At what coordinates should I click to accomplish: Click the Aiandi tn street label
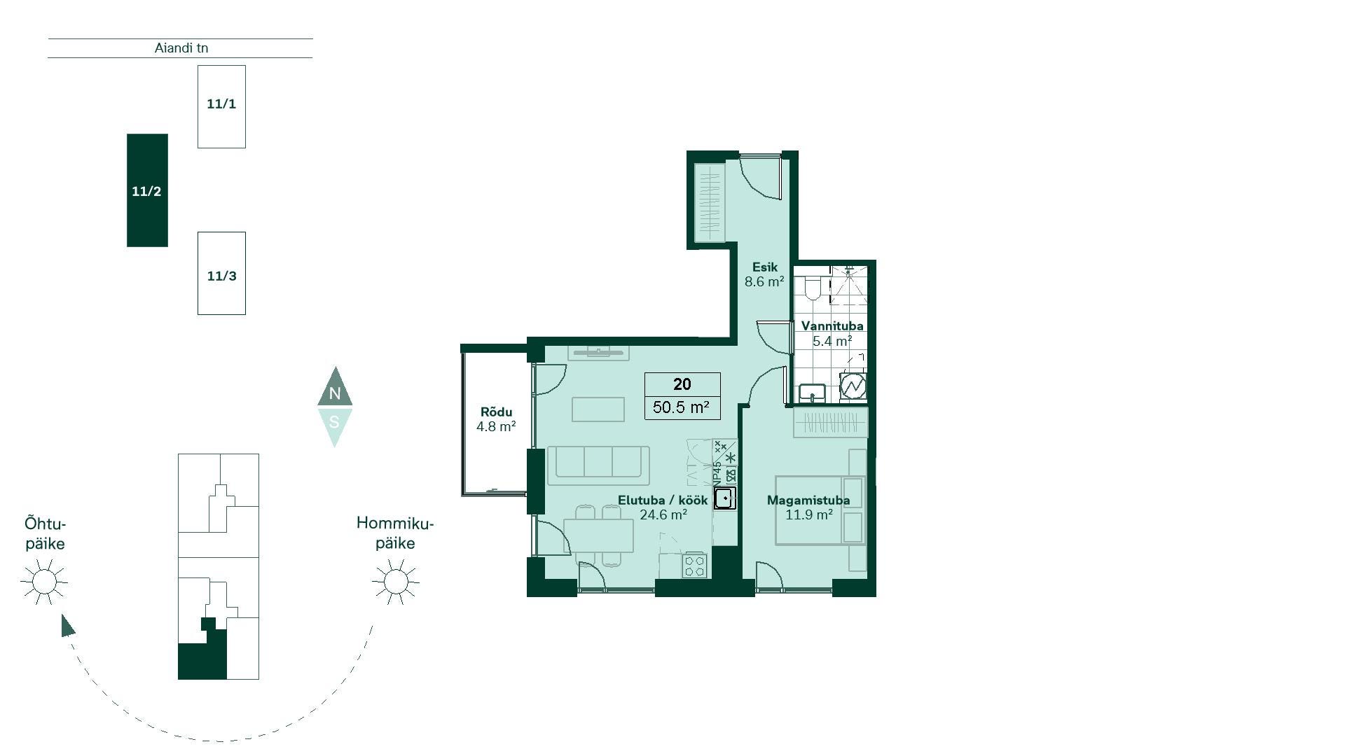[x=181, y=48]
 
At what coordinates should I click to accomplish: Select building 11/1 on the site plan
[x=221, y=106]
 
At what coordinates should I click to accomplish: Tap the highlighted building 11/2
[x=147, y=190]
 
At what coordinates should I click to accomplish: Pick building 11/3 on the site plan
[x=221, y=273]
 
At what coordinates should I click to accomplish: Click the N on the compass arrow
[x=335, y=393]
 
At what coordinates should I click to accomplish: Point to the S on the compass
[x=335, y=422]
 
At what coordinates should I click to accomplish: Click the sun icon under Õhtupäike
[x=44, y=582]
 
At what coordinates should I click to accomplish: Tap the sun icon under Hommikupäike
[x=396, y=582]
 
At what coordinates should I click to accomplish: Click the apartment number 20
[x=682, y=384]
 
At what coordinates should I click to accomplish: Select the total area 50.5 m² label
[x=681, y=407]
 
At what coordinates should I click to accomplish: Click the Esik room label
[x=765, y=267]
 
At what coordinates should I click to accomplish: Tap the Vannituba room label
[x=832, y=325]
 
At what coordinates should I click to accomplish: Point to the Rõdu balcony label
[x=496, y=412]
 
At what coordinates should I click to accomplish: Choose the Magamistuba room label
[x=808, y=500]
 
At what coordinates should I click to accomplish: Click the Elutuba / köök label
[x=663, y=500]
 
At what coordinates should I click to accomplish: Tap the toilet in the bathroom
[x=813, y=287]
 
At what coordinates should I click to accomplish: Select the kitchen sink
[x=725, y=498]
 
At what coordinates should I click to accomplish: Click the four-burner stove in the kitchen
[x=695, y=566]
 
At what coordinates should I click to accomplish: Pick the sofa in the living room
[x=598, y=465]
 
